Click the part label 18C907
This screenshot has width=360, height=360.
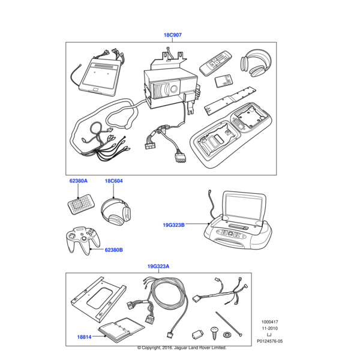[x=172, y=35]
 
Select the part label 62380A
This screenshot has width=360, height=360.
[x=79, y=181]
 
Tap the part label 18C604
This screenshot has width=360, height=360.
[x=113, y=181]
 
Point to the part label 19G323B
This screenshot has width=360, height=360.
[x=173, y=225]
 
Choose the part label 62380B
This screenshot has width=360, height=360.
[x=113, y=250]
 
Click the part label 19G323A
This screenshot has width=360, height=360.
[x=158, y=266]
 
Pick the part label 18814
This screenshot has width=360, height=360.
[x=84, y=337]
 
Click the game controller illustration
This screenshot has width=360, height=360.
[x=83, y=241]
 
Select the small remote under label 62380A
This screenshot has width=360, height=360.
[x=81, y=205]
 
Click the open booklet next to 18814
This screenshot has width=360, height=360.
[x=121, y=329]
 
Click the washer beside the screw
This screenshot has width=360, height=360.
[x=227, y=334]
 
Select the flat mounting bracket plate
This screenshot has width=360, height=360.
[x=98, y=299]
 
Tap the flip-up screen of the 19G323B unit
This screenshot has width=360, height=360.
[x=244, y=207]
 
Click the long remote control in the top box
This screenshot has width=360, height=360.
[x=215, y=64]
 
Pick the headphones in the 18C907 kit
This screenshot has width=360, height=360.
[x=256, y=63]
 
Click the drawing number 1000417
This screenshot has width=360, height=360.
[x=269, y=322]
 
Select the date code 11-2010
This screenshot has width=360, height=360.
[x=269, y=328]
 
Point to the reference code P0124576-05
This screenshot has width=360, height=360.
[x=269, y=341]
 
